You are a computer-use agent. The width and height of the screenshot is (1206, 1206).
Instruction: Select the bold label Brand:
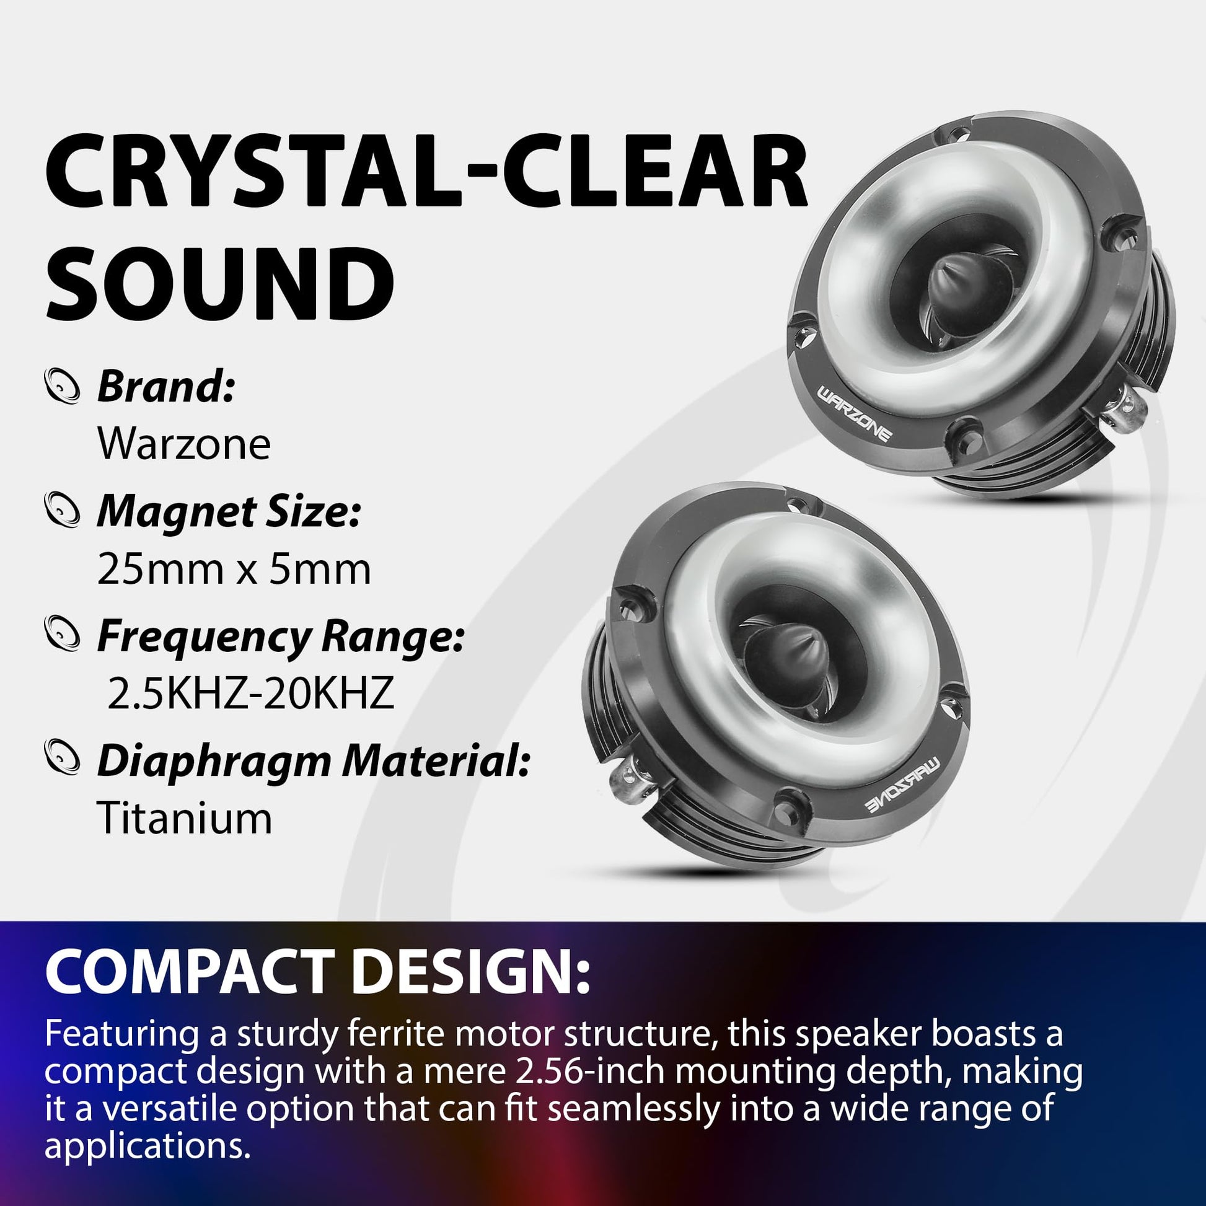pyautogui.click(x=166, y=386)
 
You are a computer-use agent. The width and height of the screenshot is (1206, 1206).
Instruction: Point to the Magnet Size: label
pyautogui.click(x=229, y=511)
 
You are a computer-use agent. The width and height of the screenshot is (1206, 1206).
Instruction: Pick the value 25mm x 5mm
pyautogui.click(x=234, y=570)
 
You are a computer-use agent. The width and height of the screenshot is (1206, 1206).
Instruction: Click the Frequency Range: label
pyautogui.click(x=281, y=636)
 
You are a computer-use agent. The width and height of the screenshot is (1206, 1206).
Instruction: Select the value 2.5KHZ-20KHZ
pyautogui.click(x=251, y=693)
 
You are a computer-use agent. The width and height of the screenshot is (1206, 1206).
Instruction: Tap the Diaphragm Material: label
pyautogui.click(x=314, y=762)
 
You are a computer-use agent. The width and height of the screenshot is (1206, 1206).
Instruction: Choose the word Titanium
pyautogui.click(x=185, y=817)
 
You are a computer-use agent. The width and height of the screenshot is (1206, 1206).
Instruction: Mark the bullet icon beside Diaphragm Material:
pyautogui.click(x=63, y=758)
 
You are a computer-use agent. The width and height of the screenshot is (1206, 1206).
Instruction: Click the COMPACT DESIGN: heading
pyautogui.click(x=317, y=972)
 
